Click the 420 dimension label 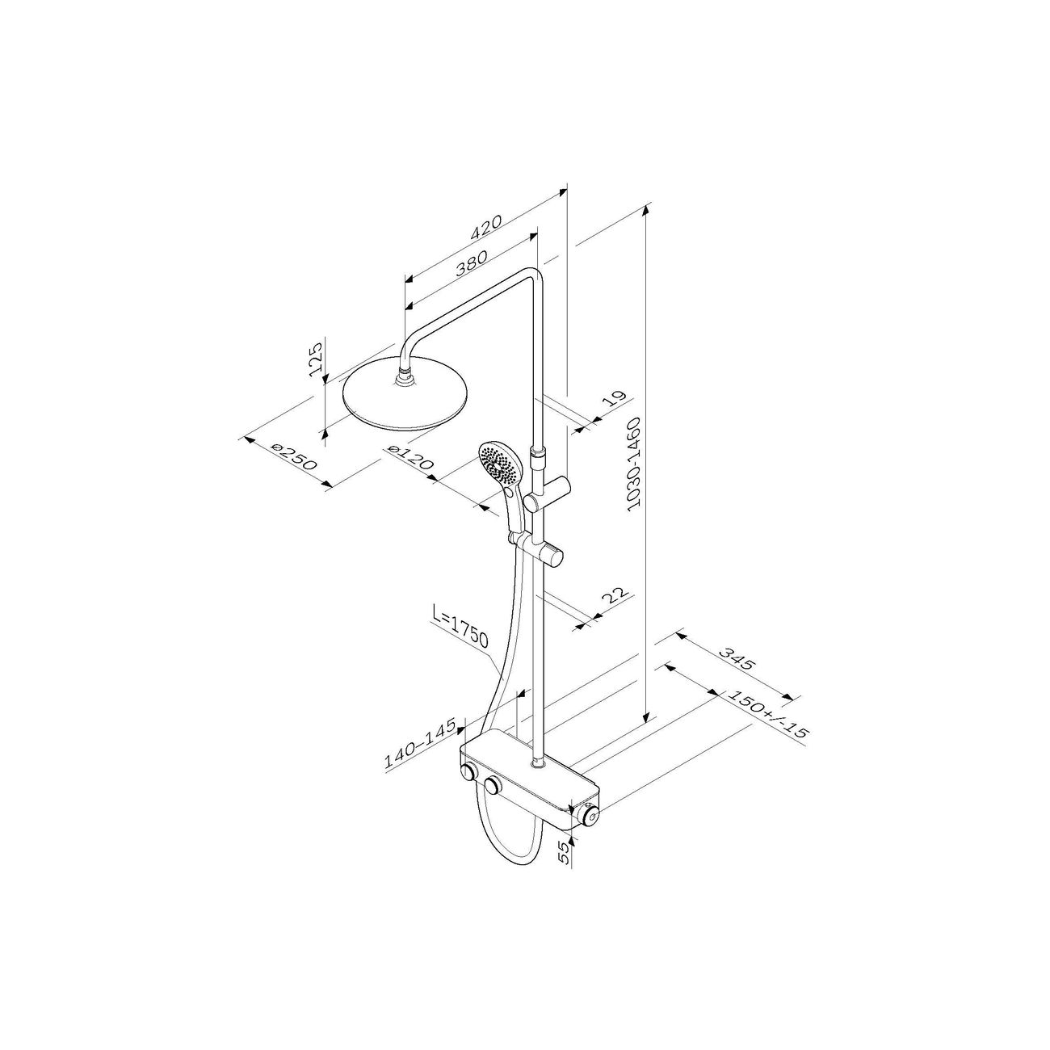pyautogui.click(x=485, y=228)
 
